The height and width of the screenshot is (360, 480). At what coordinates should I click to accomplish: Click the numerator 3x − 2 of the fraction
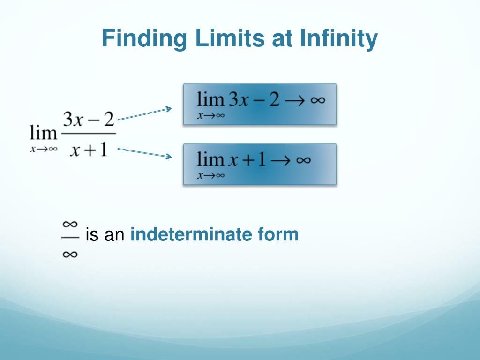coord(89,120)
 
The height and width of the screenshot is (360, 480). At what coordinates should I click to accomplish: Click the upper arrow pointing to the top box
coord(144,114)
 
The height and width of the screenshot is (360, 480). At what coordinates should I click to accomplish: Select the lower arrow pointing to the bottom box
coord(144,153)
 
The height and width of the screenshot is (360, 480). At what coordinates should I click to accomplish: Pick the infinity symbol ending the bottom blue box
coord(303,160)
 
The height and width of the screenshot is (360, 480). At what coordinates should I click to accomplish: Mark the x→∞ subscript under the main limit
coord(43,150)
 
